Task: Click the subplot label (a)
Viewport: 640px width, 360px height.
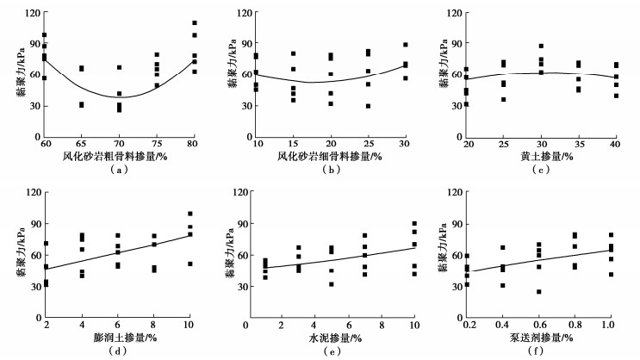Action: coord(120,170)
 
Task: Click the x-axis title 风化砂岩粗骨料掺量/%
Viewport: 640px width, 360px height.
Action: coord(120,157)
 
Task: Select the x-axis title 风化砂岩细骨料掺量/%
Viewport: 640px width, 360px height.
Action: coord(330,157)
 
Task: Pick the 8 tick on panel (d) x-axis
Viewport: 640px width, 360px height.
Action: coord(153,321)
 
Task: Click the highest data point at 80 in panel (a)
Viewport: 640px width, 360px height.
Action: coord(194,22)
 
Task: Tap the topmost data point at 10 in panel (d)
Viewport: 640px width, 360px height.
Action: coord(190,214)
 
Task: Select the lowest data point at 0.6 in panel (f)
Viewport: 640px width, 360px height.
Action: coord(539,291)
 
